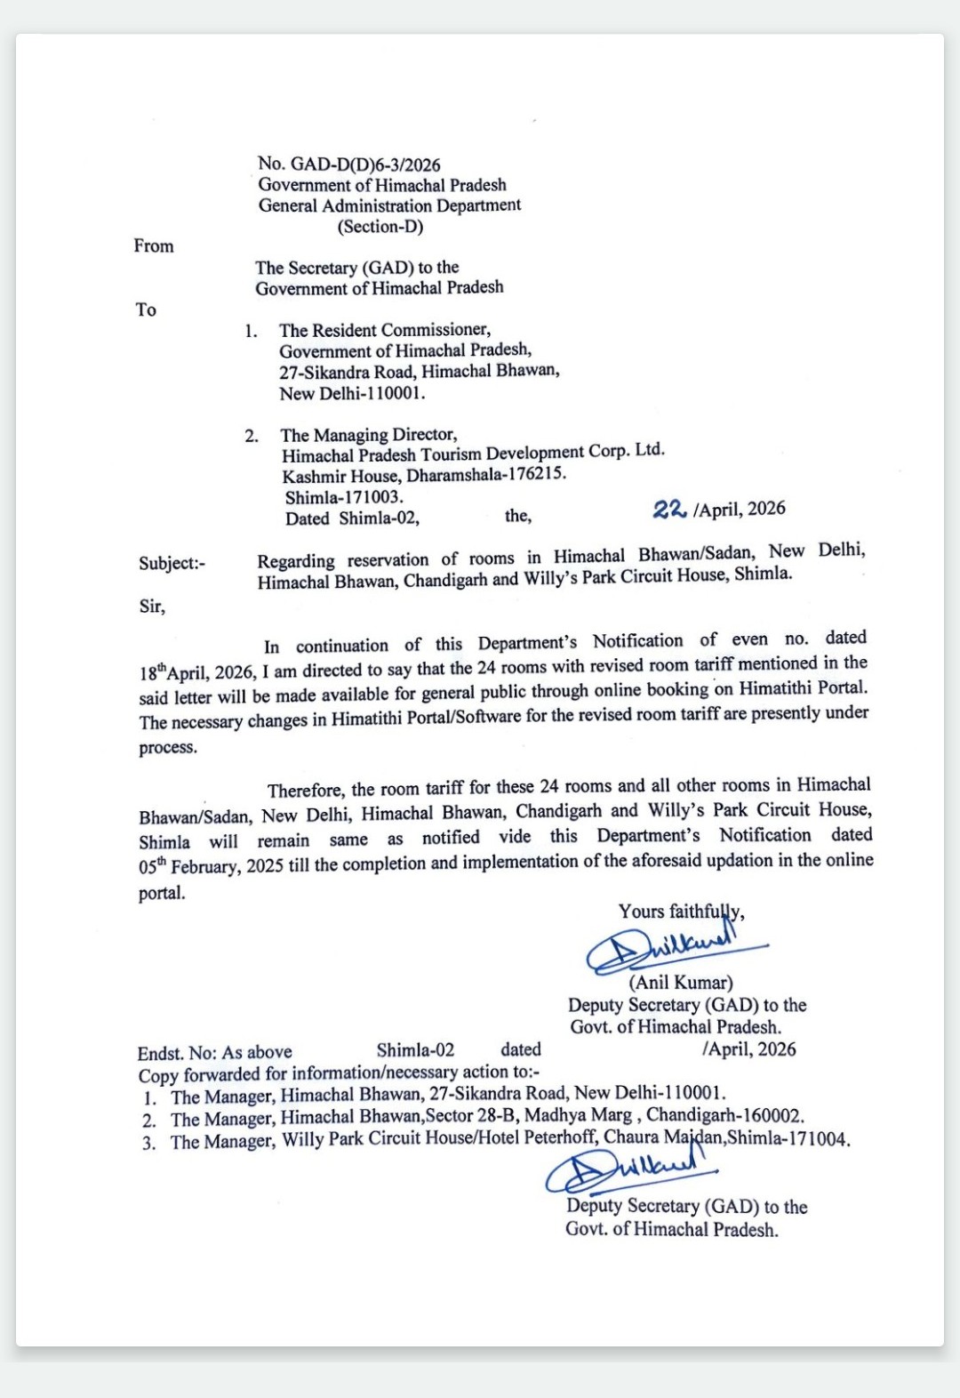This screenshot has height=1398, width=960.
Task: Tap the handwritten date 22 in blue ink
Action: (668, 510)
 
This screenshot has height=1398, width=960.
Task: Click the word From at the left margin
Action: (154, 246)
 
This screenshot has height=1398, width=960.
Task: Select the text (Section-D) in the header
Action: (380, 227)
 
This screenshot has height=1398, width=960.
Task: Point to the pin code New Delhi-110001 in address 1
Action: (352, 393)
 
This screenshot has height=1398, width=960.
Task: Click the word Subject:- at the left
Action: (172, 563)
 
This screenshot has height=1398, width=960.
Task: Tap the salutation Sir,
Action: (152, 607)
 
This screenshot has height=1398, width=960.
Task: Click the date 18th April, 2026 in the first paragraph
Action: (197, 672)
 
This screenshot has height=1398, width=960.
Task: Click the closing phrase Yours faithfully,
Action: (681, 912)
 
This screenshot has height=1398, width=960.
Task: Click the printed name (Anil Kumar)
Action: (681, 983)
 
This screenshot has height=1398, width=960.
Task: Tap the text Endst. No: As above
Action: (214, 1053)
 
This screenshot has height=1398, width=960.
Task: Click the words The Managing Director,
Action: (369, 435)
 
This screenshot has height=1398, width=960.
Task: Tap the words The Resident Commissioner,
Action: (384, 330)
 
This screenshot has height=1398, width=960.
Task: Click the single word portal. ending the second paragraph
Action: (162, 893)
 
